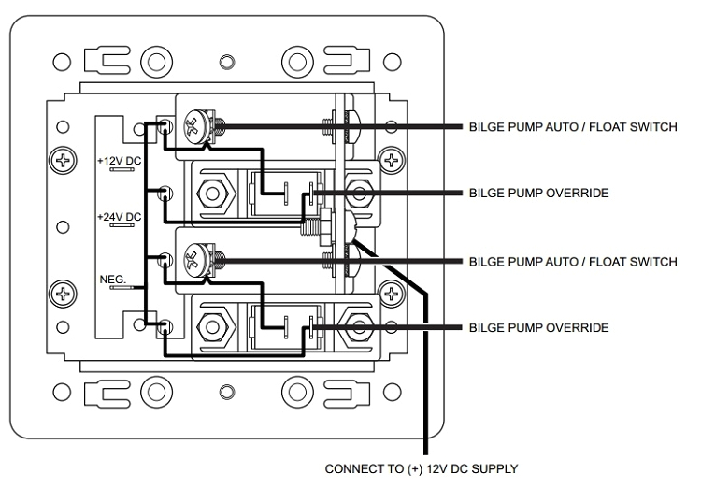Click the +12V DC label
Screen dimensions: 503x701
(119, 160)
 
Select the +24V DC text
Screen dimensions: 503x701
(119, 217)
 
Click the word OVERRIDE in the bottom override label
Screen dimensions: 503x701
(579, 328)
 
